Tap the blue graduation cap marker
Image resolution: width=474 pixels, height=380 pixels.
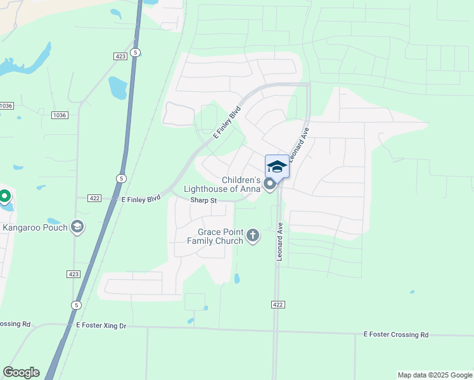coord(277,167)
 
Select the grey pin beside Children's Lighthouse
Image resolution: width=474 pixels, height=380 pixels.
coord(271,184)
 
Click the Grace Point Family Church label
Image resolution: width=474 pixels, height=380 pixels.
coord(215,236)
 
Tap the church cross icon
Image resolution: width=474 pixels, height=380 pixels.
coord(253,236)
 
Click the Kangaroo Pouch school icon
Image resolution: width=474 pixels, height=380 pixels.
coord(77,227)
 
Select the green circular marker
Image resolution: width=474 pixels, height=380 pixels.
coord(4,196)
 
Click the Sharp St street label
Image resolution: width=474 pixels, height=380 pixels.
coord(204,201)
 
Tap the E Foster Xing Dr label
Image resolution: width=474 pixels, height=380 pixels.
coord(101,326)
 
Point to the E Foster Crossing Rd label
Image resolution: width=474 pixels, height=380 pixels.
coord(396,334)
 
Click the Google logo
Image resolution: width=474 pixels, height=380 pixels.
coord(21,372)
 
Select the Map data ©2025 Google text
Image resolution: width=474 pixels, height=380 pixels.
coord(435,375)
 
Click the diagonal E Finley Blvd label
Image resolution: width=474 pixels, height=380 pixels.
coord(227,122)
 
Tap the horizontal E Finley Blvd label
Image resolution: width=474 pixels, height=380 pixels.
coord(141,199)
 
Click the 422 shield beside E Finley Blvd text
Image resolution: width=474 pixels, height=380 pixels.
coord(94,198)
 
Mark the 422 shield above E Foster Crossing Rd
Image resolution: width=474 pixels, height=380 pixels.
coord(279,305)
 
